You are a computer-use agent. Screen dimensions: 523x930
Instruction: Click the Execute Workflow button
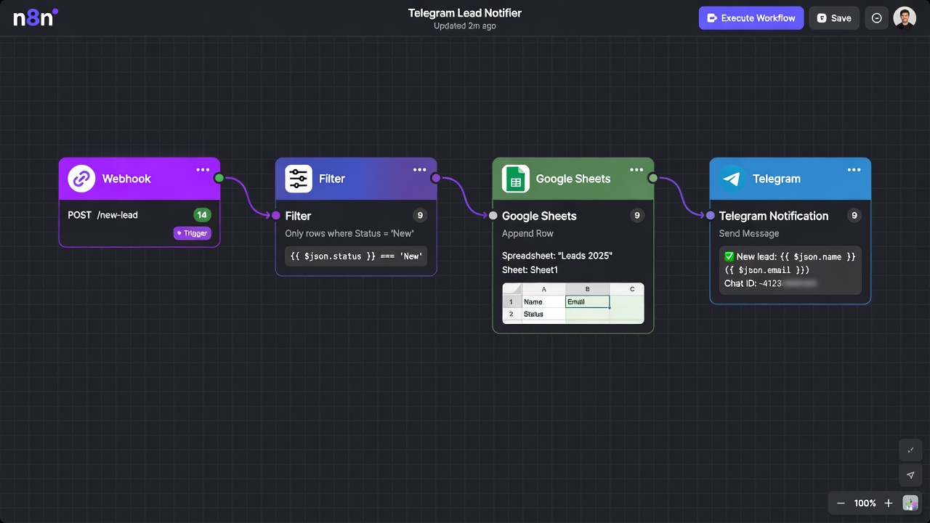click(x=751, y=18)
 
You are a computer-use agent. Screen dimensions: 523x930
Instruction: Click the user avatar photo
click(x=905, y=18)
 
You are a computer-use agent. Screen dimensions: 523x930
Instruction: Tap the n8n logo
click(x=35, y=17)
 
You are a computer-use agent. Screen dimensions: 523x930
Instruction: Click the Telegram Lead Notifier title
click(x=464, y=13)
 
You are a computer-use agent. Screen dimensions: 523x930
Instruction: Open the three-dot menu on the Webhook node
click(x=203, y=170)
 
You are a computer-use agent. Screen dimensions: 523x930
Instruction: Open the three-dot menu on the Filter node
click(x=420, y=170)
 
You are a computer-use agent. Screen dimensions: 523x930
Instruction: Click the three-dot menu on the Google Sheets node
click(x=636, y=170)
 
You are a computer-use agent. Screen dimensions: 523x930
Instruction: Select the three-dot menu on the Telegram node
click(x=854, y=170)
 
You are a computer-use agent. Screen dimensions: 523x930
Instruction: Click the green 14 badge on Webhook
click(x=202, y=215)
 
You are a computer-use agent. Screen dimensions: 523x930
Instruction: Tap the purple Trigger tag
click(x=193, y=233)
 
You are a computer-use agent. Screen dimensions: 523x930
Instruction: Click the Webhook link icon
click(x=81, y=179)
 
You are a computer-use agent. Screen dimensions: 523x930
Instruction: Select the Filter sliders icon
click(x=299, y=179)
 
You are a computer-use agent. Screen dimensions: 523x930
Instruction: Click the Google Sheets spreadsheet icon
click(x=516, y=179)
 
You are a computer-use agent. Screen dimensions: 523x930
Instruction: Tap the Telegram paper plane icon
click(x=732, y=179)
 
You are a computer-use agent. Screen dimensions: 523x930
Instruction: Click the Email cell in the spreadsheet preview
click(x=587, y=301)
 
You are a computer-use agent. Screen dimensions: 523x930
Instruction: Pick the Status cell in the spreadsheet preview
click(x=543, y=314)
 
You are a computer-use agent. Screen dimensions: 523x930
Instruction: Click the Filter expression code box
click(x=356, y=256)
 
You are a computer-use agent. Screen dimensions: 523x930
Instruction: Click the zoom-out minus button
click(x=841, y=503)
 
